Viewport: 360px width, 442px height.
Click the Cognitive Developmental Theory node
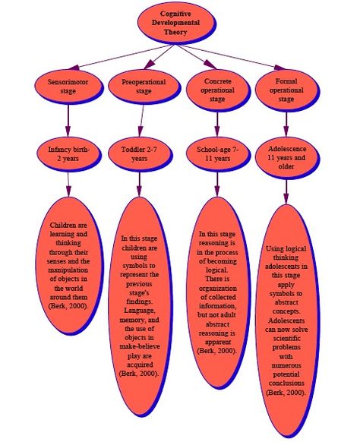click(177, 23)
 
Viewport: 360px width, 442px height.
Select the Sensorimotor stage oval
click(69, 87)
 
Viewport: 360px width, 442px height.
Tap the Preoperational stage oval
click(144, 87)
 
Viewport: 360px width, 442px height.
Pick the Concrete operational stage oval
click(218, 90)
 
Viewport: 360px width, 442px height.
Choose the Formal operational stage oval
click(287, 90)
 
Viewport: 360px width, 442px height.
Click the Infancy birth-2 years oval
click(69, 154)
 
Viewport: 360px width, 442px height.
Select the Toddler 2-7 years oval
click(140, 154)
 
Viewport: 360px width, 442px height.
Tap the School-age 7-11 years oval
click(218, 154)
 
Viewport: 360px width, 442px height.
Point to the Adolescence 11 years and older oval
click(287, 158)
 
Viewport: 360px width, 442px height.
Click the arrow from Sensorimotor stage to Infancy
click(68, 120)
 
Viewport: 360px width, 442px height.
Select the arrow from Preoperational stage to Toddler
click(142, 120)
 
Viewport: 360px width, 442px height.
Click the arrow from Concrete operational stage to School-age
click(217, 125)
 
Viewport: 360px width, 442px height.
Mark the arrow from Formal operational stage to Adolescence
click(286, 125)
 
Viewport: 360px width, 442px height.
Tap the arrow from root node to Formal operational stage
click(231, 57)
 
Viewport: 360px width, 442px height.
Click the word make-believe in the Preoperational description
click(140, 346)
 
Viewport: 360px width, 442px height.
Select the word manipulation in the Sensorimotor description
click(68, 270)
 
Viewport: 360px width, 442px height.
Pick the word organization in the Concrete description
click(218, 288)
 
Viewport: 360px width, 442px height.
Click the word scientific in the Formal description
click(286, 338)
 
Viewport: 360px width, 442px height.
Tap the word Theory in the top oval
click(175, 32)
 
